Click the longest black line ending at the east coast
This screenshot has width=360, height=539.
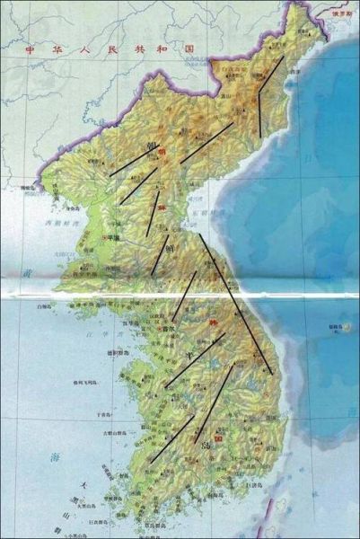[235, 300]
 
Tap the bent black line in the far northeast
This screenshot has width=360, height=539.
[268, 94]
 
